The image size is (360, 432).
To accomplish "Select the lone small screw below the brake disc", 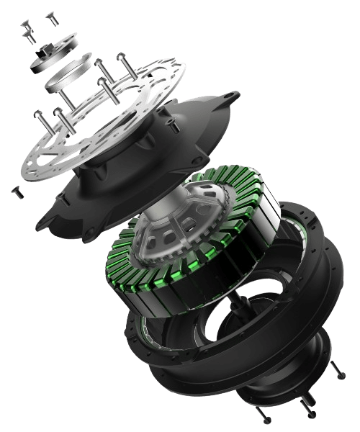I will pyautogui.click(x=16, y=192).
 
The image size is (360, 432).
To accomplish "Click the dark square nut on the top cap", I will pyautogui.click(x=45, y=50).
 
